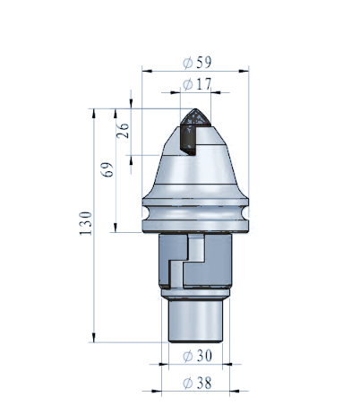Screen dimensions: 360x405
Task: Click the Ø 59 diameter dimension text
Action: (197, 62)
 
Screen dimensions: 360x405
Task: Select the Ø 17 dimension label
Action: (197, 84)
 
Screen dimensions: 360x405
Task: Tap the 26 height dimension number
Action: (123, 131)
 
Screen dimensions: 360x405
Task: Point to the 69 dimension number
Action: (107, 169)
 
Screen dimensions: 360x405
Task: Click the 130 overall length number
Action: (86, 223)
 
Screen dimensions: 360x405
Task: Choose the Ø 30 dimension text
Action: (197, 356)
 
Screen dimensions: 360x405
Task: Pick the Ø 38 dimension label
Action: (197, 383)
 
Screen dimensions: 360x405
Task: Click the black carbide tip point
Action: (195, 109)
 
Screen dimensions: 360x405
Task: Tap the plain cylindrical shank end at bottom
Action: (195, 321)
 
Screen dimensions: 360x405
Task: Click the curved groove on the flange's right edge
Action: (245, 212)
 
